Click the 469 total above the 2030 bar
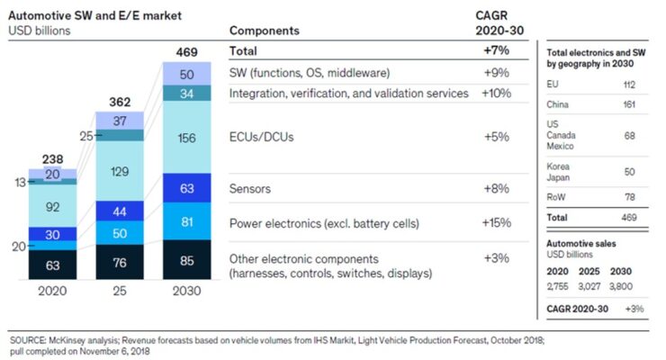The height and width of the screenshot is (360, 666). (186, 51)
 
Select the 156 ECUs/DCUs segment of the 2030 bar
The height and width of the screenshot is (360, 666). (186, 138)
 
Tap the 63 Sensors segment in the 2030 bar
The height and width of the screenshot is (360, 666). (186, 189)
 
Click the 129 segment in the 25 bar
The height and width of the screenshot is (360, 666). (120, 171)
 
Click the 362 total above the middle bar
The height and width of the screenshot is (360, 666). (120, 102)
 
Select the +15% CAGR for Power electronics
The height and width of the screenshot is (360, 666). (495, 223)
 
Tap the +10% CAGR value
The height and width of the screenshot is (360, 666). (495, 93)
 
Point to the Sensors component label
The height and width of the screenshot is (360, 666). (254, 189)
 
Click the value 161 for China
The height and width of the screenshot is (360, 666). (630, 104)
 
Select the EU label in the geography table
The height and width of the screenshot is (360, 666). (553, 84)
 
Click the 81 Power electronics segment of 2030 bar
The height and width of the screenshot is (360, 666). (186, 221)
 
